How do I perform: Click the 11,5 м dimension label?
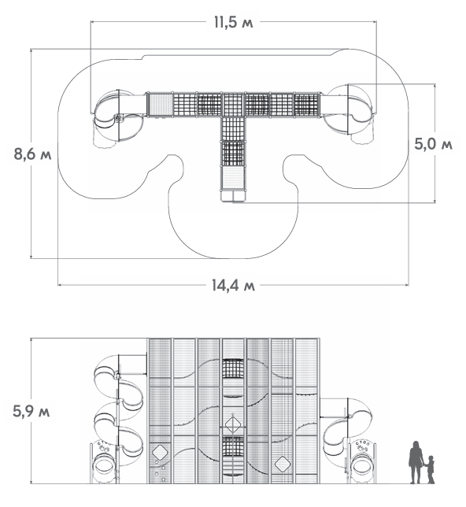pyautogui.click(x=233, y=22)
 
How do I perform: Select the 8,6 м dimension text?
pyautogui.click(x=32, y=154)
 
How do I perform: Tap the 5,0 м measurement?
pyautogui.click(x=434, y=144)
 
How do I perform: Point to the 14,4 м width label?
pyautogui.click(x=233, y=285)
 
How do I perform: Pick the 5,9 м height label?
pyautogui.click(x=31, y=411)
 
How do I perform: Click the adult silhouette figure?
pyautogui.click(x=416, y=462)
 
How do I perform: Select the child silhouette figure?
pyautogui.click(x=430, y=469)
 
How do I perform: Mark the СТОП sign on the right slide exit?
pyautogui.click(x=363, y=446)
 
